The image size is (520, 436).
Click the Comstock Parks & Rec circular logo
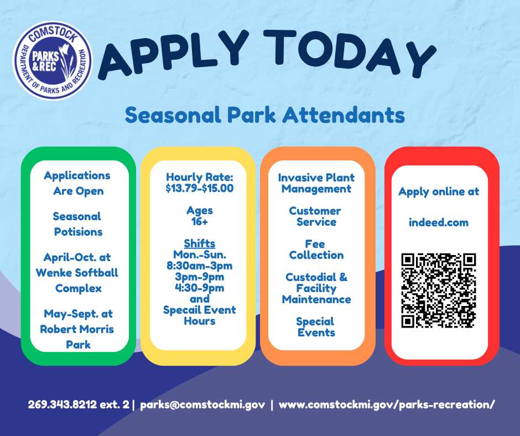pos(53,61)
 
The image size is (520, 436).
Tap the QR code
pos(439,290)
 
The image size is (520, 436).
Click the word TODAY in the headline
pos(349,53)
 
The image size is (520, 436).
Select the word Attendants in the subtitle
pos(344,115)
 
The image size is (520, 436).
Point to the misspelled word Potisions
pos(78,232)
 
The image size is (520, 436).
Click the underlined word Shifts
pos(200,243)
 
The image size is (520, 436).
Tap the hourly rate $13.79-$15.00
pos(200,188)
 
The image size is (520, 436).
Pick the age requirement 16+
pos(200,221)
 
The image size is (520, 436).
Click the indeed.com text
pos(439,222)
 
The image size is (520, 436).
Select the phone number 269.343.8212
pos(63,404)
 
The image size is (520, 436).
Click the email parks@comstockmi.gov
pos(202,405)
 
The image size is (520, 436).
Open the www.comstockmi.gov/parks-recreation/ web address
pos(387,405)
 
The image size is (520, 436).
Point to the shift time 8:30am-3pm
pos(200,266)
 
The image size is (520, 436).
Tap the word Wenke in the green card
pos(54,273)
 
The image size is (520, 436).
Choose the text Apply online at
pos(439,192)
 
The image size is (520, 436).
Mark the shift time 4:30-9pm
pos(200,288)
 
